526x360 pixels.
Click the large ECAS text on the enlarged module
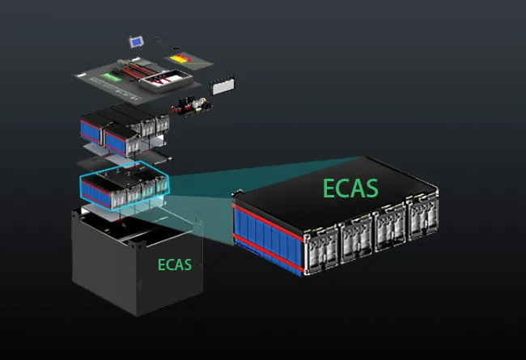pos(350,188)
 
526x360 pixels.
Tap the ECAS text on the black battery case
pos(175,265)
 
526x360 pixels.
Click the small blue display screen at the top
pos(137,42)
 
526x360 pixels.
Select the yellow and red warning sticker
pos(180,58)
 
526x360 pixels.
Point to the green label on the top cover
pos(112,77)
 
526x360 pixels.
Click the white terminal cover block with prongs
pos(223,85)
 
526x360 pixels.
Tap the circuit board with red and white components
pos(191,105)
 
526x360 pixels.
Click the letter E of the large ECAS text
pos(329,188)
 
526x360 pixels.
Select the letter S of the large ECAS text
pos(371,188)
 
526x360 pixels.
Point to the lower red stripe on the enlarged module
pos(268,252)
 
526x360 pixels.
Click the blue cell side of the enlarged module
pos(268,237)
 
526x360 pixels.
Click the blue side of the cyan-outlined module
pos(96,195)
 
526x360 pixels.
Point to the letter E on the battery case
pos(161,265)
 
